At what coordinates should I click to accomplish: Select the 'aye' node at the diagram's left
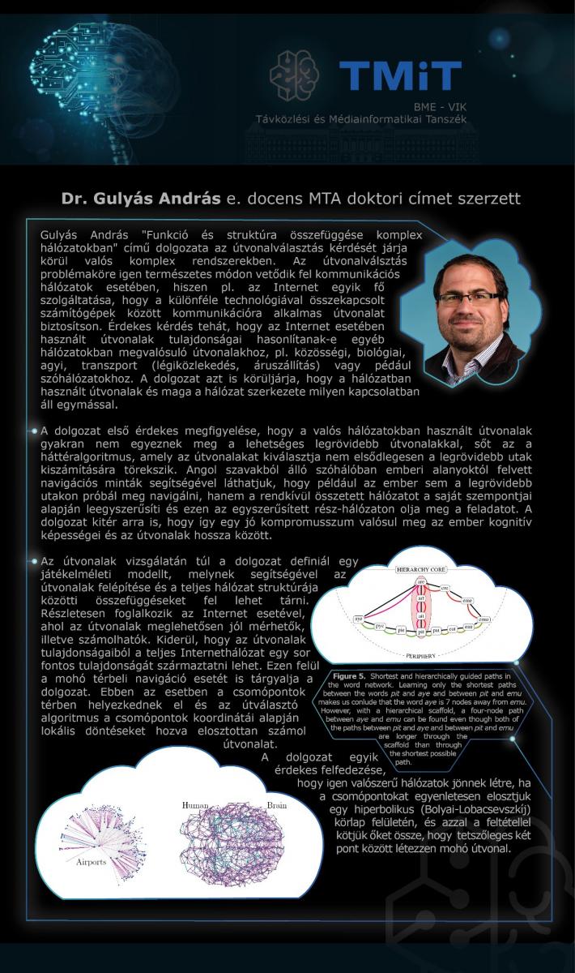pos(358,618)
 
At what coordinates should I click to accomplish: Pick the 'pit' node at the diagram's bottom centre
pos(421,628)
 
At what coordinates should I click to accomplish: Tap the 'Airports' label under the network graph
pos(92,862)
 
